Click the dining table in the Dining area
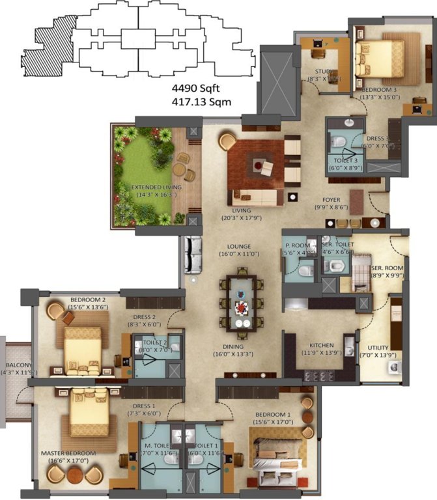click(242, 303)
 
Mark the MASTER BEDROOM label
click(68, 453)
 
